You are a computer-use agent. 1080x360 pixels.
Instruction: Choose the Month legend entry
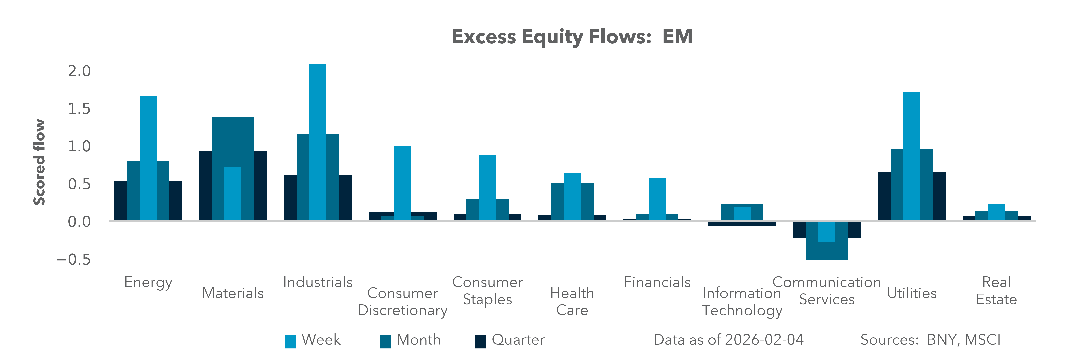[x=410, y=340]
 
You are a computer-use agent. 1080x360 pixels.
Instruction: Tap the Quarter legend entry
[x=509, y=340]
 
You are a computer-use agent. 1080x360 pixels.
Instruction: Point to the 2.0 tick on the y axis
[x=79, y=71]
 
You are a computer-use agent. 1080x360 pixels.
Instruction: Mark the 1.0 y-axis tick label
[x=79, y=146]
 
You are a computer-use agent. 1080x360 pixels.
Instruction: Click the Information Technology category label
[x=742, y=301]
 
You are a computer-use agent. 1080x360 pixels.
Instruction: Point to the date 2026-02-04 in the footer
[x=764, y=340]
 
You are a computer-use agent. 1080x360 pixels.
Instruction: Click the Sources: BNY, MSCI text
[x=930, y=340]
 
